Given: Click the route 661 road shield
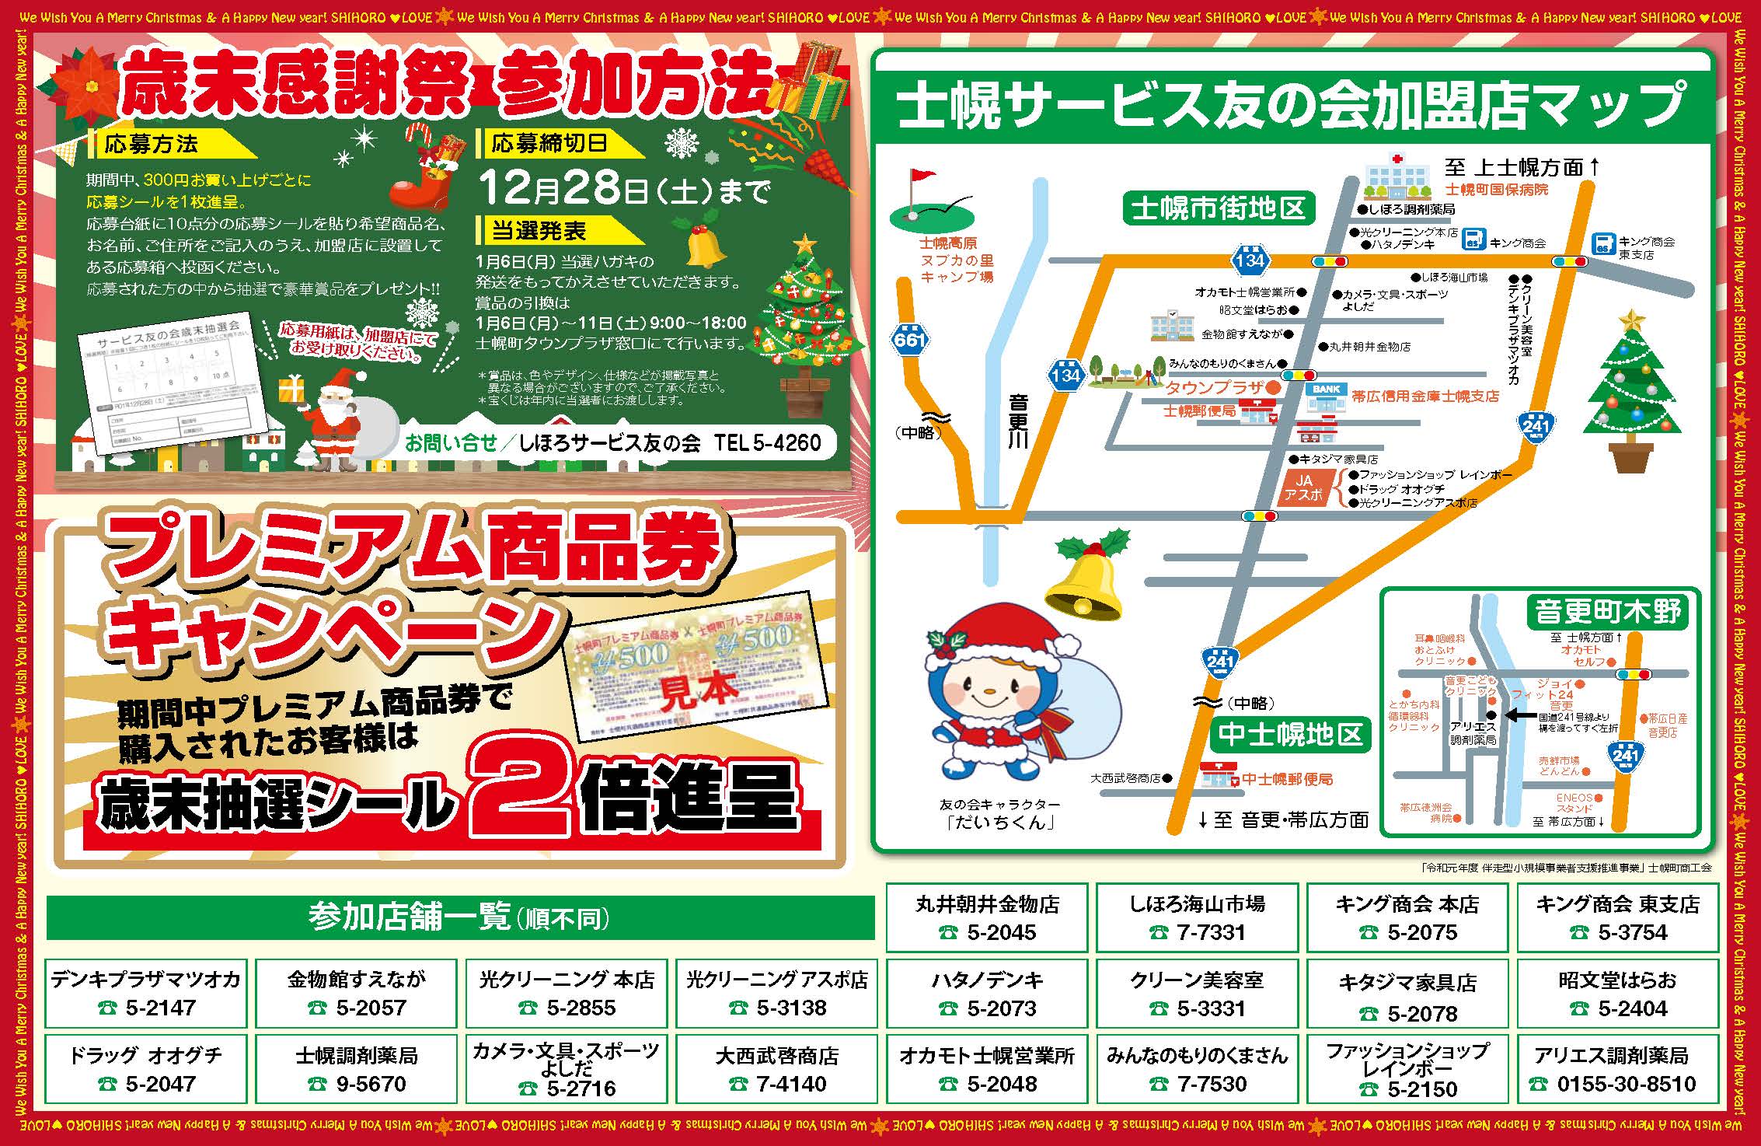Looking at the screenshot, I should tap(909, 339).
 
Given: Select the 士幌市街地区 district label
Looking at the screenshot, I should tap(1218, 208).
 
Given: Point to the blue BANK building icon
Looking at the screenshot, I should tap(1326, 397).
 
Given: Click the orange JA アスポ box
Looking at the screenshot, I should tap(1303, 487).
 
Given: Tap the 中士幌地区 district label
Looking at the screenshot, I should tap(1290, 734).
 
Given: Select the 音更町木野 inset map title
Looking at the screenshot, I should tap(1607, 612).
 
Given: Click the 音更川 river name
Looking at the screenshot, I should tap(1018, 421).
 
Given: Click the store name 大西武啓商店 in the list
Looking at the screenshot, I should tap(776, 1056).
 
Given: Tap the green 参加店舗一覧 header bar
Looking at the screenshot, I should tap(460, 917).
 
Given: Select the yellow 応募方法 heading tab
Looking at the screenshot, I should tap(144, 144).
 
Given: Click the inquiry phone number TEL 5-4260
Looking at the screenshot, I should tap(767, 442).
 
